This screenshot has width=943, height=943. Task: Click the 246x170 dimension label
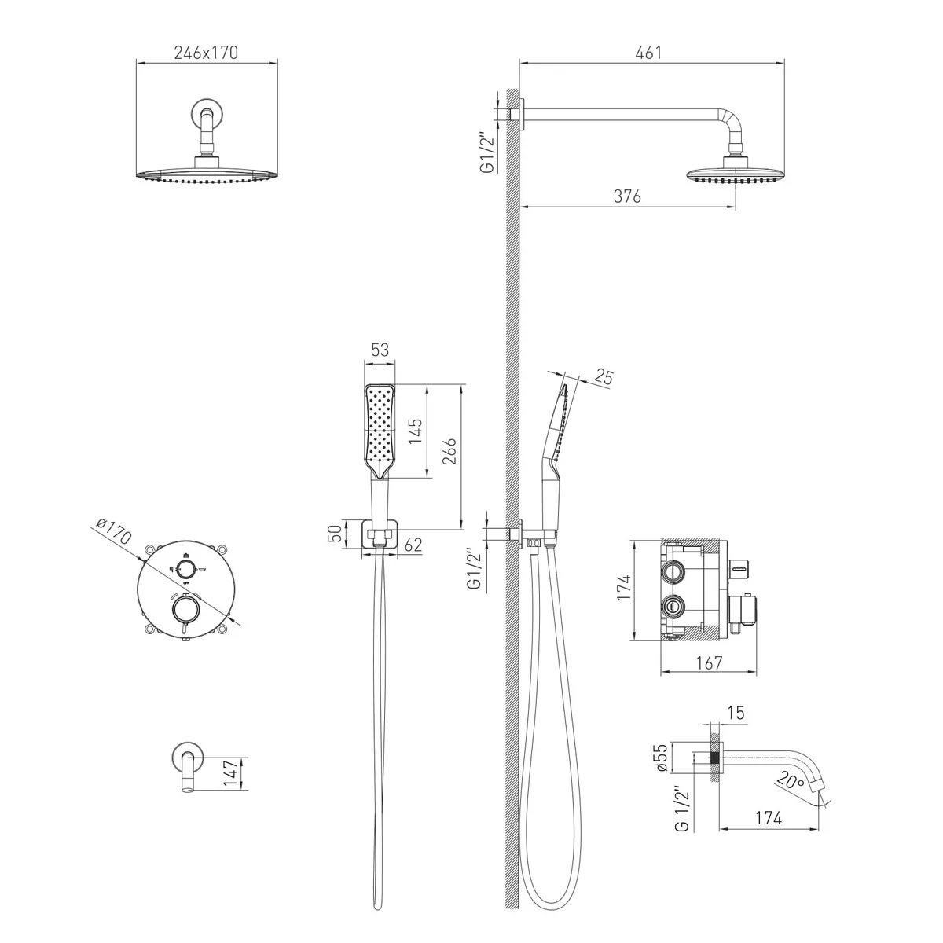pos(206,53)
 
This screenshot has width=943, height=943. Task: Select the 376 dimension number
pos(627,196)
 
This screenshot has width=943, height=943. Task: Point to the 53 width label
pos(380,350)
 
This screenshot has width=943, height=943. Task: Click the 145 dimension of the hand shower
pos(415,431)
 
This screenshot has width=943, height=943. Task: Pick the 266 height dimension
pos(449,451)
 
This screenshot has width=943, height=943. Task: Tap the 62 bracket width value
pos(413,545)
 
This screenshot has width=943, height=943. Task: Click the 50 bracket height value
pos(334,534)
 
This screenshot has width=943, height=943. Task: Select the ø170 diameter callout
pos(113,530)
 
